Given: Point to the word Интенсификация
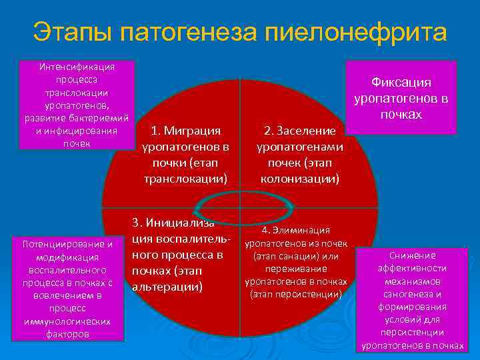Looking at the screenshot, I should [x=77, y=67].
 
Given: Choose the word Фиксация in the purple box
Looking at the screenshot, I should [x=401, y=82].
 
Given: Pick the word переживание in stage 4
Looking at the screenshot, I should [x=295, y=269].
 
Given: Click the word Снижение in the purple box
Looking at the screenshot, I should [x=413, y=255].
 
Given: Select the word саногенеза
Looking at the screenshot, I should [x=413, y=294].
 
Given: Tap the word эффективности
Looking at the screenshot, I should [x=413, y=268].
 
